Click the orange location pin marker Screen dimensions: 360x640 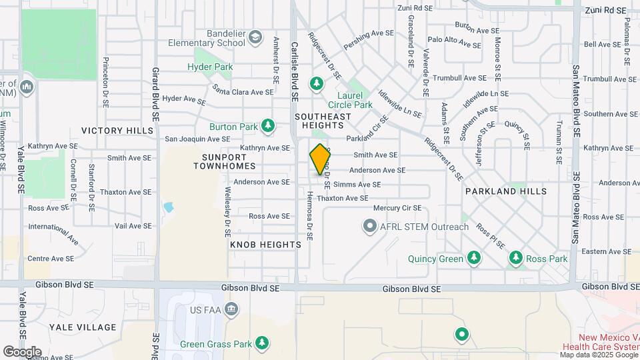click(x=320, y=159)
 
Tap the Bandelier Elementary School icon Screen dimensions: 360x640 click(x=255, y=38)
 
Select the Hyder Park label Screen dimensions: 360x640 click(x=210, y=67)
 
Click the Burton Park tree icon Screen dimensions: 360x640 click(x=267, y=125)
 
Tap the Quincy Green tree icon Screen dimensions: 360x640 click(x=474, y=258)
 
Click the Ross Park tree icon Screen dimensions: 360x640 click(x=515, y=258)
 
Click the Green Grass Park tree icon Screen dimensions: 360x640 click(x=263, y=343)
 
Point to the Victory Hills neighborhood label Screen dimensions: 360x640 click(x=108, y=130)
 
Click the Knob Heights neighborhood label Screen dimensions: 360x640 click(x=265, y=245)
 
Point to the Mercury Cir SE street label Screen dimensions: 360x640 click(x=397, y=208)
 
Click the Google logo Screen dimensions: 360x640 click(x=22, y=351)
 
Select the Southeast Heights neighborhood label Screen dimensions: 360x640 click(x=323, y=121)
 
